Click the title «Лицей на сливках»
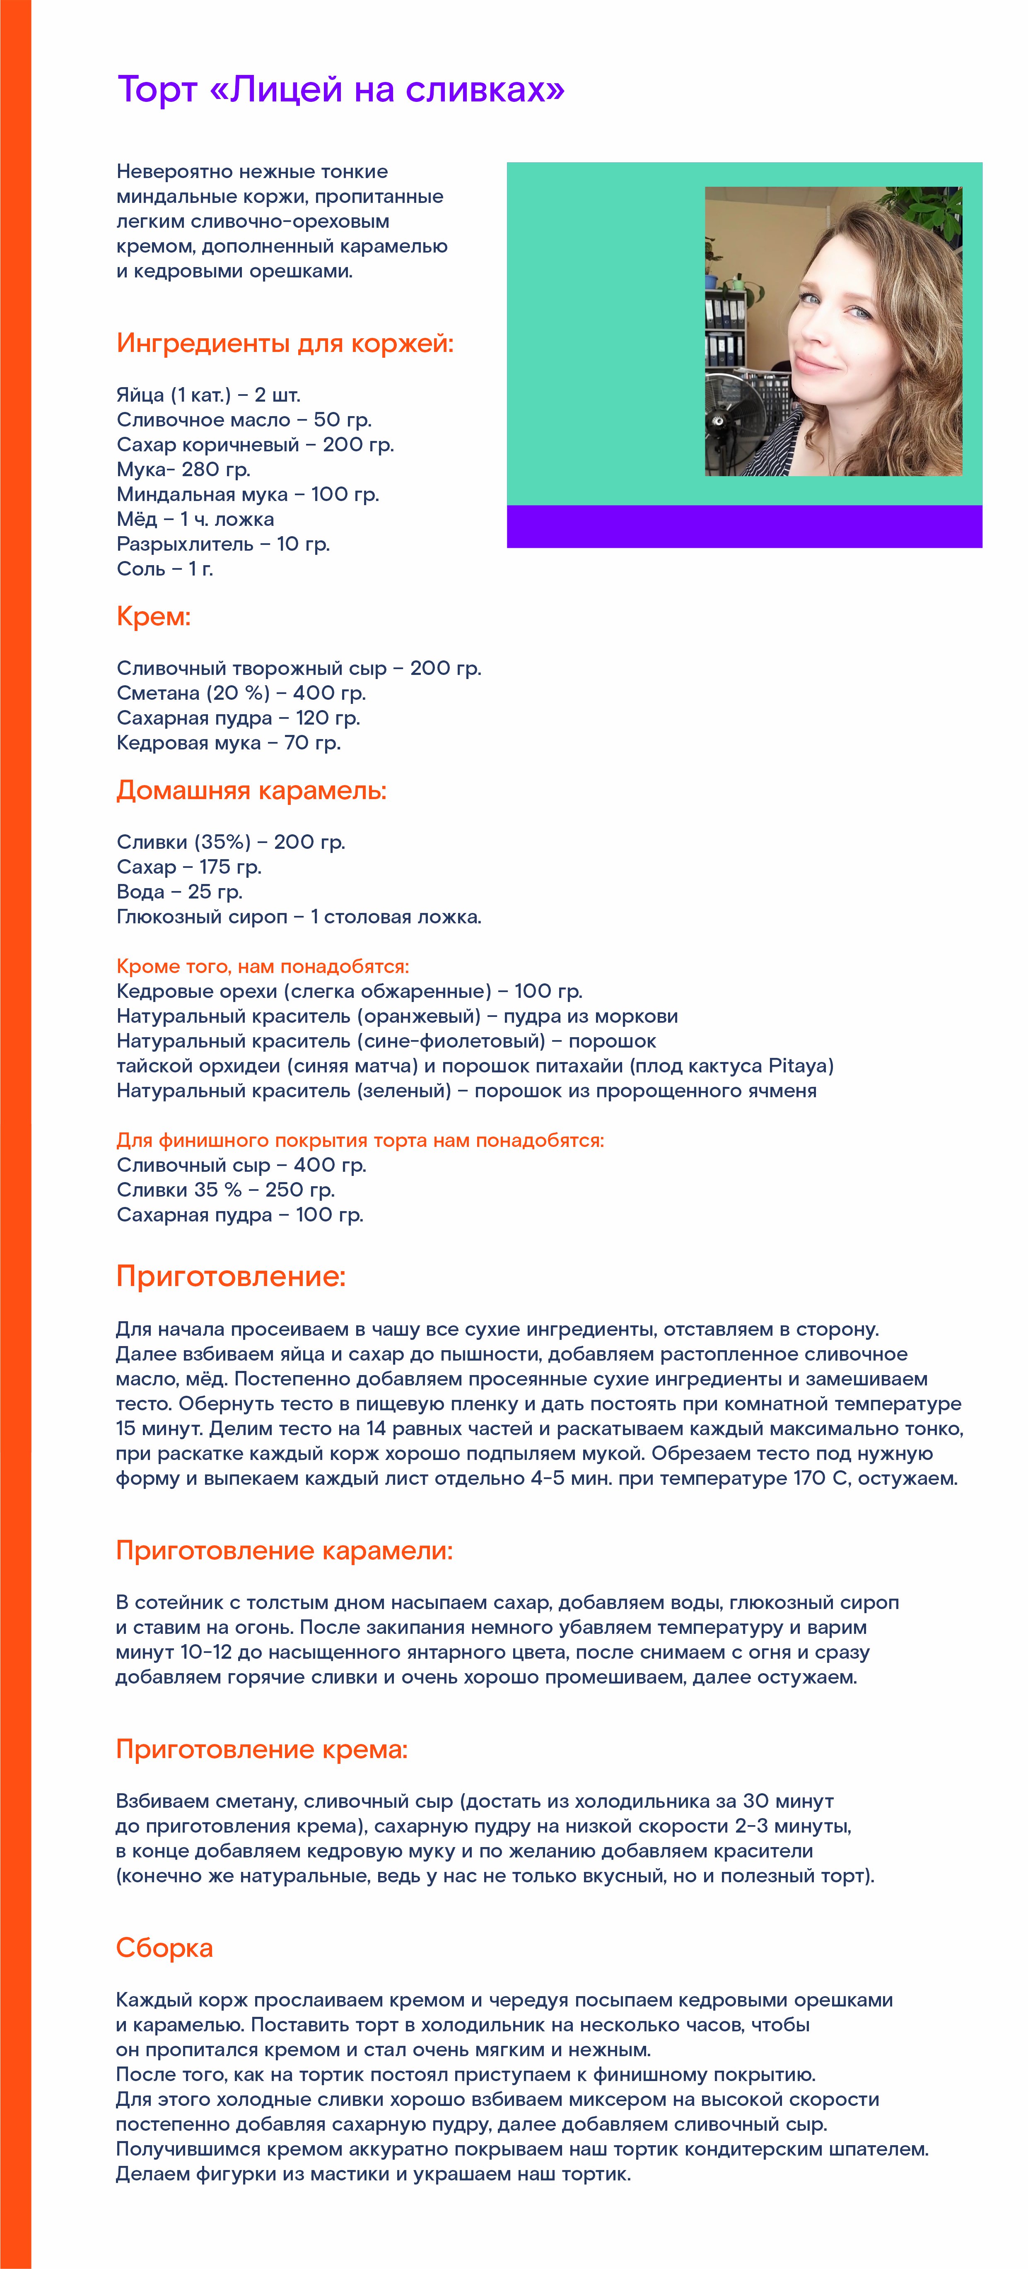(x=341, y=90)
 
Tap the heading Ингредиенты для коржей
(x=285, y=344)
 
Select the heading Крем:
(x=153, y=617)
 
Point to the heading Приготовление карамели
(x=284, y=1550)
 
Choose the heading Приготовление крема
(x=262, y=1749)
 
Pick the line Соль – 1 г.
(x=165, y=569)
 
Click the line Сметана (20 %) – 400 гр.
(x=241, y=693)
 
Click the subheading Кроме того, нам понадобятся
(x=263, y=966)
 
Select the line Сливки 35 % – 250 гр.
(x=225, y=1190)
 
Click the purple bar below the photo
(x=744, y=527)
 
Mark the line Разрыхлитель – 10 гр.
(x=223, y=544)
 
